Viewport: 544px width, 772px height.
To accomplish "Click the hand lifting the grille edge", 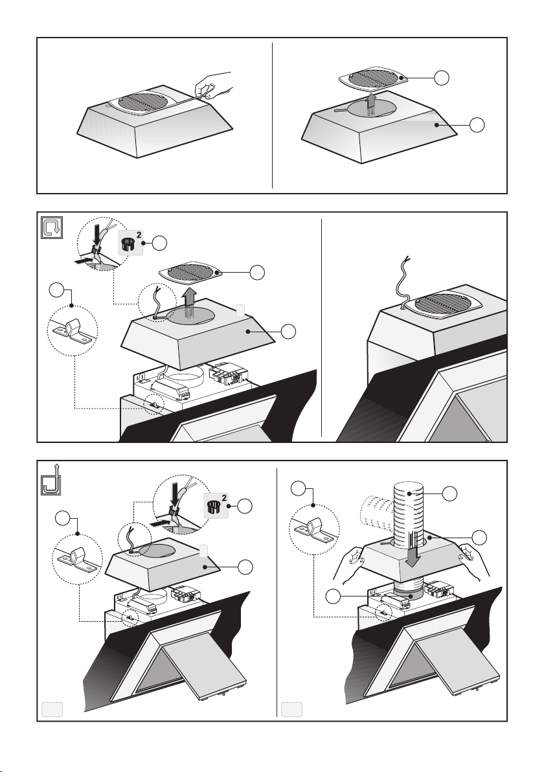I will pyautogui.click(x=214, y=84).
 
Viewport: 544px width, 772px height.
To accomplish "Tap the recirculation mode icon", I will pyautogui.click(x=50, y=227).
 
